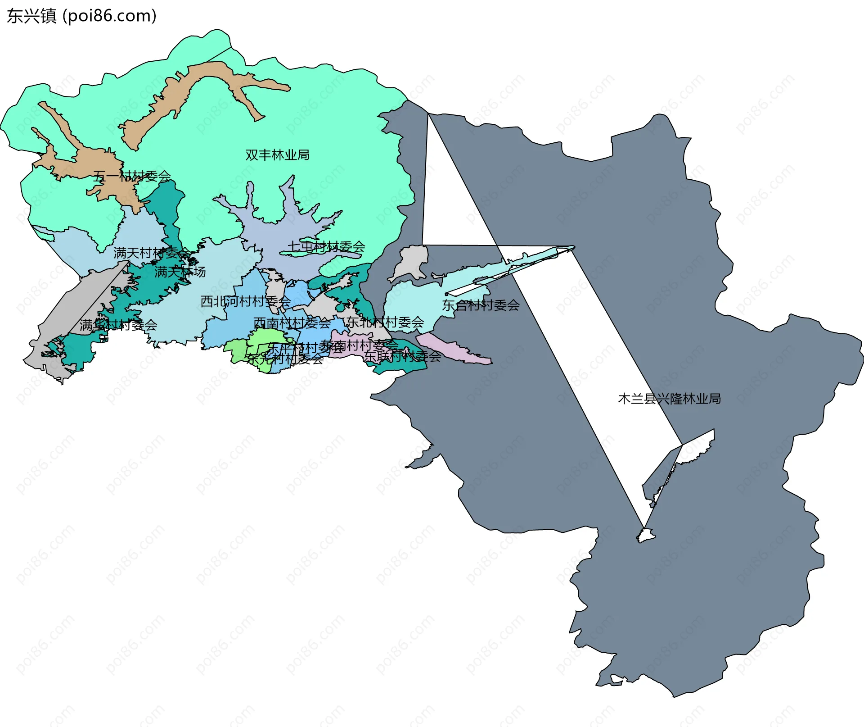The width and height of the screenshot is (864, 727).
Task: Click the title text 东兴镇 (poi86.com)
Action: [81, 16]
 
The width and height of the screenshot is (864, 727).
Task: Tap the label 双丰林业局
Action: [277, 155]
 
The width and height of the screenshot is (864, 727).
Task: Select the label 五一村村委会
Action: [132, 176]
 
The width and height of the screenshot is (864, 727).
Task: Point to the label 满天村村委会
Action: [152, 253]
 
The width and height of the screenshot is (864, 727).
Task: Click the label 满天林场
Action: [180, 272]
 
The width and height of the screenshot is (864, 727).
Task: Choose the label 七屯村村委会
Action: [326, 247]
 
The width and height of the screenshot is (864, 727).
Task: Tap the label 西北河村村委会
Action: [245, 301]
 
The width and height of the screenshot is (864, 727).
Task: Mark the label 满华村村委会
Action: [118, 325]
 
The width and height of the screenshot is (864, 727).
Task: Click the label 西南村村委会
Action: [292, 323]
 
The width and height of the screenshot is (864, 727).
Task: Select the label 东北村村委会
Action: [385, 322]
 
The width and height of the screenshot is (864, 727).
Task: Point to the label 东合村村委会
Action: [481, 305]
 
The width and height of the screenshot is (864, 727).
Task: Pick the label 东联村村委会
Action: [402, 356]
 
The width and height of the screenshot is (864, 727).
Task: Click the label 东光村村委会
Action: [285, 359]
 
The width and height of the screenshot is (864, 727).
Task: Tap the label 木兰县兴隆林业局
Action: [669, 399]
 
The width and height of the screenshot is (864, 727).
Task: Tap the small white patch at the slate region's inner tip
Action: [646, 536]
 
